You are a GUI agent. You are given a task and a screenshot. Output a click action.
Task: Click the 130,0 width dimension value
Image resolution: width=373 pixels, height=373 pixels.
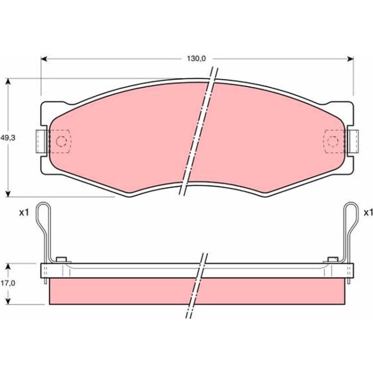point(196,59)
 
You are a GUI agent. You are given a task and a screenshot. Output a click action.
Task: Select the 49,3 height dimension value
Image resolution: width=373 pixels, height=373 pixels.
point(8,137)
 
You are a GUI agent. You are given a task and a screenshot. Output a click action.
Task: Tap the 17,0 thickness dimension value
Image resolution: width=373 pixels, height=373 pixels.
point(8,283)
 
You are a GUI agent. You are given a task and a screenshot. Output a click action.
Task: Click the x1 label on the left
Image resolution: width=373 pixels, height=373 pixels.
point(24,213)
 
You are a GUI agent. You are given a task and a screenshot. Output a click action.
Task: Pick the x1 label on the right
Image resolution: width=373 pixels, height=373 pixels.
point(368,213)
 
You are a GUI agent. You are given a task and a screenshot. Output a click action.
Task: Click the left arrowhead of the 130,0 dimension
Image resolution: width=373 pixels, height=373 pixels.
point(44,59)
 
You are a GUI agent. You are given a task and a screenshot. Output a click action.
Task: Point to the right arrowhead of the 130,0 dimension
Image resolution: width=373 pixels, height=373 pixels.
point(350,59)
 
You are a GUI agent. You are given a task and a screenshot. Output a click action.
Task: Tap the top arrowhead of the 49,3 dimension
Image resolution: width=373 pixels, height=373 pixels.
point(8,82)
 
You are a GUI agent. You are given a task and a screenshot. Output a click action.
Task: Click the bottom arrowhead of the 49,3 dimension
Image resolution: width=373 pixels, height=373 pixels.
point(8,193)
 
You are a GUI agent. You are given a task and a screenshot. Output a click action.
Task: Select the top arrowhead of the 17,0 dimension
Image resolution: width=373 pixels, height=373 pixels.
point(8,266)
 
